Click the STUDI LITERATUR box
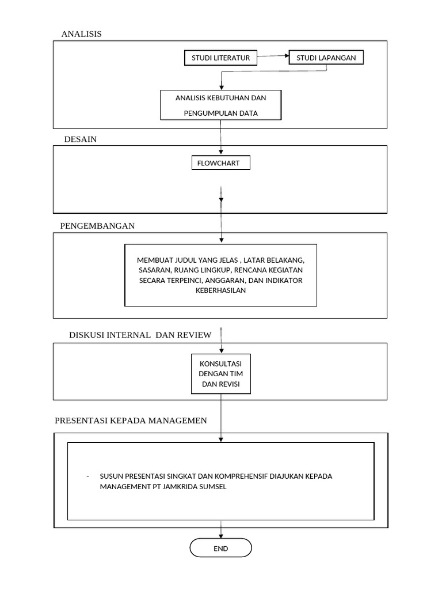coord(220,58)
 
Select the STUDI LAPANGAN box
coord(326,58)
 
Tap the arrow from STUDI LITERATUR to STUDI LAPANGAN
coord(273,56)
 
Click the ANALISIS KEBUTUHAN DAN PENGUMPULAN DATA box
coord(220,105)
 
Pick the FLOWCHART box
coord(220,164)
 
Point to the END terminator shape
coord(220,548)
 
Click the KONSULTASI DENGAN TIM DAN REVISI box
coord(220,374)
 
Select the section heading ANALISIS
coord(81,34)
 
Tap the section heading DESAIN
coord(80,139)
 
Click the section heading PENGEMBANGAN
coord(97,226)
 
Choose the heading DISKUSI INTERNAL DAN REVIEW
coord(140,335)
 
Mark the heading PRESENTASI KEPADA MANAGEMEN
coord(131,421)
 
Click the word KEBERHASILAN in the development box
coord(220,290)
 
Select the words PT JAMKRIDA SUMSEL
coord(198,486)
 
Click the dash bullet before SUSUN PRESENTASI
coord(87,476)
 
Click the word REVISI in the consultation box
coord(228,384)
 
